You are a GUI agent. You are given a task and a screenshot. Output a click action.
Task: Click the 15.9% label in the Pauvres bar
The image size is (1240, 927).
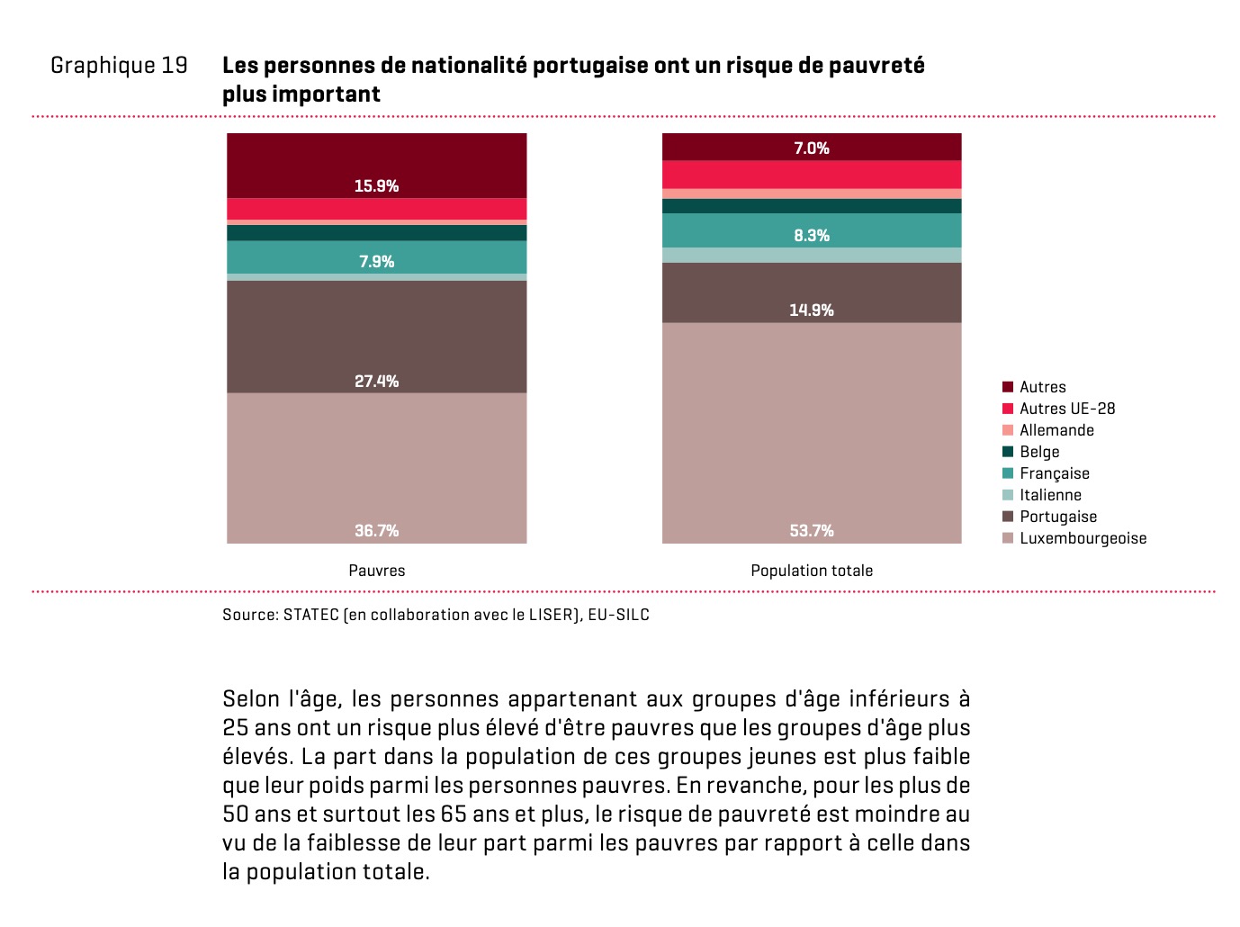(376, 186)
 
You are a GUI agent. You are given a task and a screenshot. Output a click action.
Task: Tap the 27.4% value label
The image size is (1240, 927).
(376, 382)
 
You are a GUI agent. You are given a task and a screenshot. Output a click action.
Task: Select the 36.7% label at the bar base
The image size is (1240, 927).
(376, 531)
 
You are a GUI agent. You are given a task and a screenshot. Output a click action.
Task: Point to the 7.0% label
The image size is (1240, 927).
(812, 148)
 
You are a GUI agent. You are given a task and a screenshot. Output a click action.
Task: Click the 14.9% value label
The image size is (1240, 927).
(812, 310)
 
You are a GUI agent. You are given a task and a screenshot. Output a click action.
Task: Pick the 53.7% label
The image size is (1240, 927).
(812, 531)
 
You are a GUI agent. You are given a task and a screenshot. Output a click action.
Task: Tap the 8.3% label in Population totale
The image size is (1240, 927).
(812, 236)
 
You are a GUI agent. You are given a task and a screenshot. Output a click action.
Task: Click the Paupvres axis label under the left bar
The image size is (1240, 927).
(376, 571)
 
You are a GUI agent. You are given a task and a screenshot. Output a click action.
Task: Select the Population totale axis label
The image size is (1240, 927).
(812, 571)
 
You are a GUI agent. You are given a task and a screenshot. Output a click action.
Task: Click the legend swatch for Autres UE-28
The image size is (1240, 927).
(1008, 409)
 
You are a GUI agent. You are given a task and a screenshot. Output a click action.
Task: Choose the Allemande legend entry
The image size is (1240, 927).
(1056, 430)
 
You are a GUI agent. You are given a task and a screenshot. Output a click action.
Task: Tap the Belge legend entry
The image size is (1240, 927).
(1039, 452)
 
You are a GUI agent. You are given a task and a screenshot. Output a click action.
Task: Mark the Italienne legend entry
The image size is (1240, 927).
(1050, 495)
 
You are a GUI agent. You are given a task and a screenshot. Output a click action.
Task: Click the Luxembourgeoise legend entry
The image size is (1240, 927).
(1083, 538)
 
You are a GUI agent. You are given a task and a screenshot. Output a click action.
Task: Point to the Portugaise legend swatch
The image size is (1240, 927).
(1008, 517)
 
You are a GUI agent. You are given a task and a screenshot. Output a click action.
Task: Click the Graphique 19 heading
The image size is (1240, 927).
(119, 66)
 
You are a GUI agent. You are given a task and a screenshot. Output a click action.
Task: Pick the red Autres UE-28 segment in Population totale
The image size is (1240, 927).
(812, 175)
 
